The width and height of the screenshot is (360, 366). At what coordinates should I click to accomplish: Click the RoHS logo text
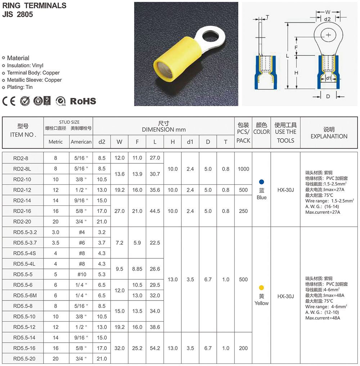pyautogui.click(x=83, y=101)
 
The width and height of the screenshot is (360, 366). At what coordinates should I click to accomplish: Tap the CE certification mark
pyautogui.click(x=9, y=101)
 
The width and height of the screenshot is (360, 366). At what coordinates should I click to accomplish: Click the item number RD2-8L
pyautogui.click(x=23, y=168)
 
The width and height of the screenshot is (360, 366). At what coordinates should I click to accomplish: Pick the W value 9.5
pyautogui.click(x=119, y=269)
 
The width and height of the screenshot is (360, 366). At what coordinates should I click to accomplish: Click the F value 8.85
pyautogui.click(x=137, y=269)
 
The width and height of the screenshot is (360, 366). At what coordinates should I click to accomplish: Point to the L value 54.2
pyautogui.click(x=155, y=348)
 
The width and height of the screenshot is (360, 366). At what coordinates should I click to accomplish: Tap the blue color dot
pyautogui.click(x=262, y=182)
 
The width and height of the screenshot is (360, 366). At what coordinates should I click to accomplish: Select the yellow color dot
pyautogui.click(x=262, y=288)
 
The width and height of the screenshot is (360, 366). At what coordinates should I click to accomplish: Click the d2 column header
pyautogui.click(x=102, y=142)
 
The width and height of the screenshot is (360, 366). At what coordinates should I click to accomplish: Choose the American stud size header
pyautogui.click(x=81, y=142)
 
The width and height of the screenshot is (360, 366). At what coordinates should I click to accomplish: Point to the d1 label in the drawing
pyautogui.click(x=328, y=78)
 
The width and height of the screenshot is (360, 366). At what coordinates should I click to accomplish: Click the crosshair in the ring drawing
pyautogui.click(x=328, y=35)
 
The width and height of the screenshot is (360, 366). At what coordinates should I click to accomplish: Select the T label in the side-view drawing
pyautogui.click(x=267, y=17)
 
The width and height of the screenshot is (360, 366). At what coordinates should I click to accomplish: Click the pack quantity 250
pyautogui.click(x=243, y=211)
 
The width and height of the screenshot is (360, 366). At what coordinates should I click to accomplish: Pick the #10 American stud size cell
pyautogui.click(x=81, y=274)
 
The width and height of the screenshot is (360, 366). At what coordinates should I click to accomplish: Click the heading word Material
pyautogui.click(x=18, y=58)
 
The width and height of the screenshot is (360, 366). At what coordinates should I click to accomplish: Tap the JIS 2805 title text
pyautogui.click(x=18, y=15)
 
